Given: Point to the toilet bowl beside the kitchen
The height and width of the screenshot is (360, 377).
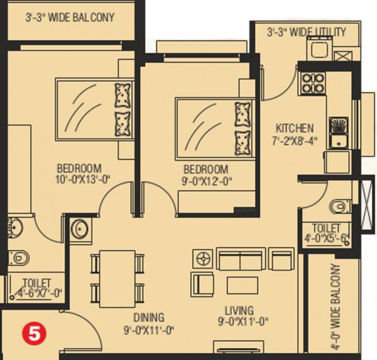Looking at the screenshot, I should coord(339,206).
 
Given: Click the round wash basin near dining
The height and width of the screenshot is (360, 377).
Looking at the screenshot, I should coord(80,229).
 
